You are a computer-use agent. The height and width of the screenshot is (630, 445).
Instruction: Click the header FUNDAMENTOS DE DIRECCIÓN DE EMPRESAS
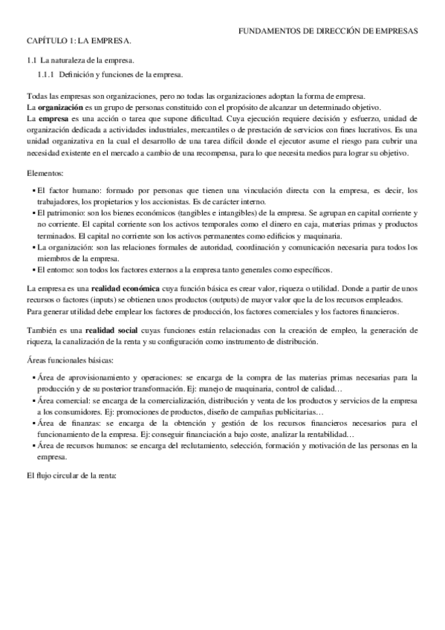(333, 31)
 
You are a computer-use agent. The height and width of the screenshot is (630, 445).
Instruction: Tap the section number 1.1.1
(46, 75)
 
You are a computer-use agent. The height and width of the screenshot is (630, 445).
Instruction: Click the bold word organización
(60, 107)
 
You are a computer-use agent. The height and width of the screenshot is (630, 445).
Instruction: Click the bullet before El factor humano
(34, 190)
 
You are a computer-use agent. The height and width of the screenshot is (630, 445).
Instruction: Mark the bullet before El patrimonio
(34, 212)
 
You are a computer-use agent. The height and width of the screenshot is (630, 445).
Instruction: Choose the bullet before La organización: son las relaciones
(34, 245)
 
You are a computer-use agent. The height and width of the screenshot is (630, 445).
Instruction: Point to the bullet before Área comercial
(34, 400)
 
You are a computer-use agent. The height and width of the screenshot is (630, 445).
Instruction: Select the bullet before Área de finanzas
(34, 422)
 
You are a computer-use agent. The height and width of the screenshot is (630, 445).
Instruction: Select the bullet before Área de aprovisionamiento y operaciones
(34, 377)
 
